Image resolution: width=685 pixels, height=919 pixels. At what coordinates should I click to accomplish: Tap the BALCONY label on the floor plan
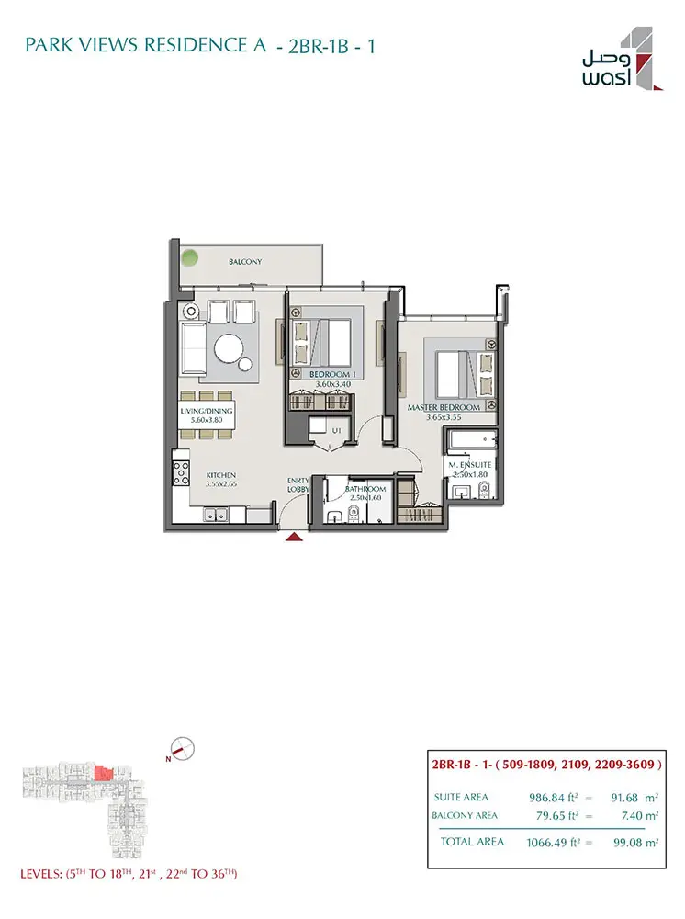coord(245,262)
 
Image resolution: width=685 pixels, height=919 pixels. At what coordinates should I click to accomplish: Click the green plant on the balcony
coord(189,256)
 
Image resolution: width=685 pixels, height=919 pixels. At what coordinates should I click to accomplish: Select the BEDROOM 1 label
coord(330,375)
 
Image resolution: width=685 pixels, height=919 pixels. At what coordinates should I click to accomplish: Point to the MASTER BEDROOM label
coord(444,407)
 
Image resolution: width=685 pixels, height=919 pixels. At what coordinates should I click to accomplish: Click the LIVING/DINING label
coord(207,411)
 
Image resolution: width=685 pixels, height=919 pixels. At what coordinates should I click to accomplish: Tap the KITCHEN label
coord(221,475)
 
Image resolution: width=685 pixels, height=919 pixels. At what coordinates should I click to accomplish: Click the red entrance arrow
coord(294,537)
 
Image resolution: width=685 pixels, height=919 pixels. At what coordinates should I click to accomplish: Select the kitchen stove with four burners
coord(181,473)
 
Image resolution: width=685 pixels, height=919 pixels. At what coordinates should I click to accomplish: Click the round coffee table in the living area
coord(229,350)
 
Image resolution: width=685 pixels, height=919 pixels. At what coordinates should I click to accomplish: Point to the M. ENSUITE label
coord(470,465)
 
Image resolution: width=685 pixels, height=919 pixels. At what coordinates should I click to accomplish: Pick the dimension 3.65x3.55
coord(444,417)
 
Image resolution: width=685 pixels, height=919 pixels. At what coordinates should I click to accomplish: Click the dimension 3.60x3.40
coord(333,384)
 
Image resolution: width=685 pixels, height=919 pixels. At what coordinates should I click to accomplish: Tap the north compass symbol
coord(182,749)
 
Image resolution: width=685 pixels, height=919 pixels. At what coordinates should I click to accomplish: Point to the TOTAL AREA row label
coord(472,842)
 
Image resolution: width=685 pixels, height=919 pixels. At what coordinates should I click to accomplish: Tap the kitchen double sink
coord(216,515)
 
